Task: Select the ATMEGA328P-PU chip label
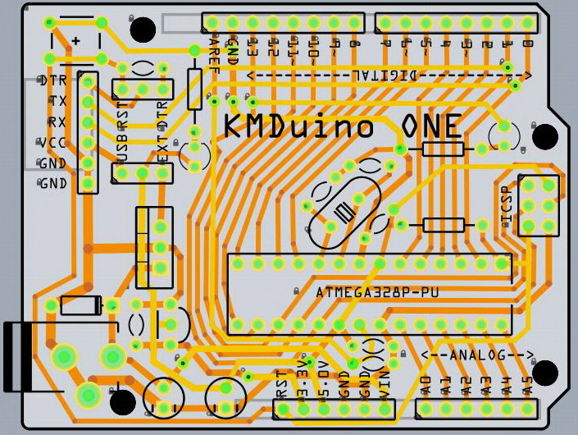pyautogui.click(x=371, y=292)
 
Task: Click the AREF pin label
pyautogui.click(x=213, y=57)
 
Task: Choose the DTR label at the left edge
pyautogui.click(x=52, y=80)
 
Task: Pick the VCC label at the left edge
pyautogui.click(x=52, y=142)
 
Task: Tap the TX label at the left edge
pyautogui.click(x=57, y=101)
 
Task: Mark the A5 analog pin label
pyautogui.click(x=527, y=385)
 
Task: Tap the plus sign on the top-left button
pyautogui.click(x=76, y=40)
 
